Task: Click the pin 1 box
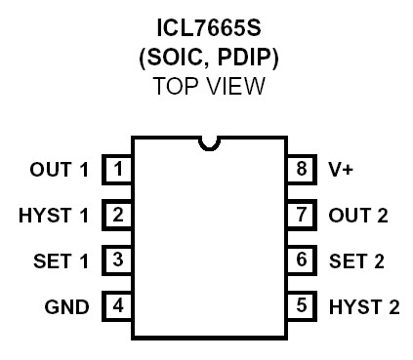click(x=119, y=169)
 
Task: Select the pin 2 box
click(x=119, y=214)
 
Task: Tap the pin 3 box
click(x=119, y=260)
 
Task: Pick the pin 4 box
click(x=119, y=305)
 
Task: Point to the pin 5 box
click(x=302, y=305)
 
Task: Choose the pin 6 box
click(x=302, y=260)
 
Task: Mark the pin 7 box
click(x=302, y=214)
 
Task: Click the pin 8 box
click(x=302, y=169)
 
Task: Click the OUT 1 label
click(x=59, y=170)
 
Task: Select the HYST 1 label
click(x=53, y=215)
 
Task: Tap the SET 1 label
click(x=60, y=260)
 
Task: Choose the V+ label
click(x=342, y=170)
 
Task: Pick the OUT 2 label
click(x=358, y=215)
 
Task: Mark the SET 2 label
click(x=357, y=260)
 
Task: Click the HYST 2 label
click(x=364, y=306)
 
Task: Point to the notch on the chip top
click(x=209, y=142)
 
